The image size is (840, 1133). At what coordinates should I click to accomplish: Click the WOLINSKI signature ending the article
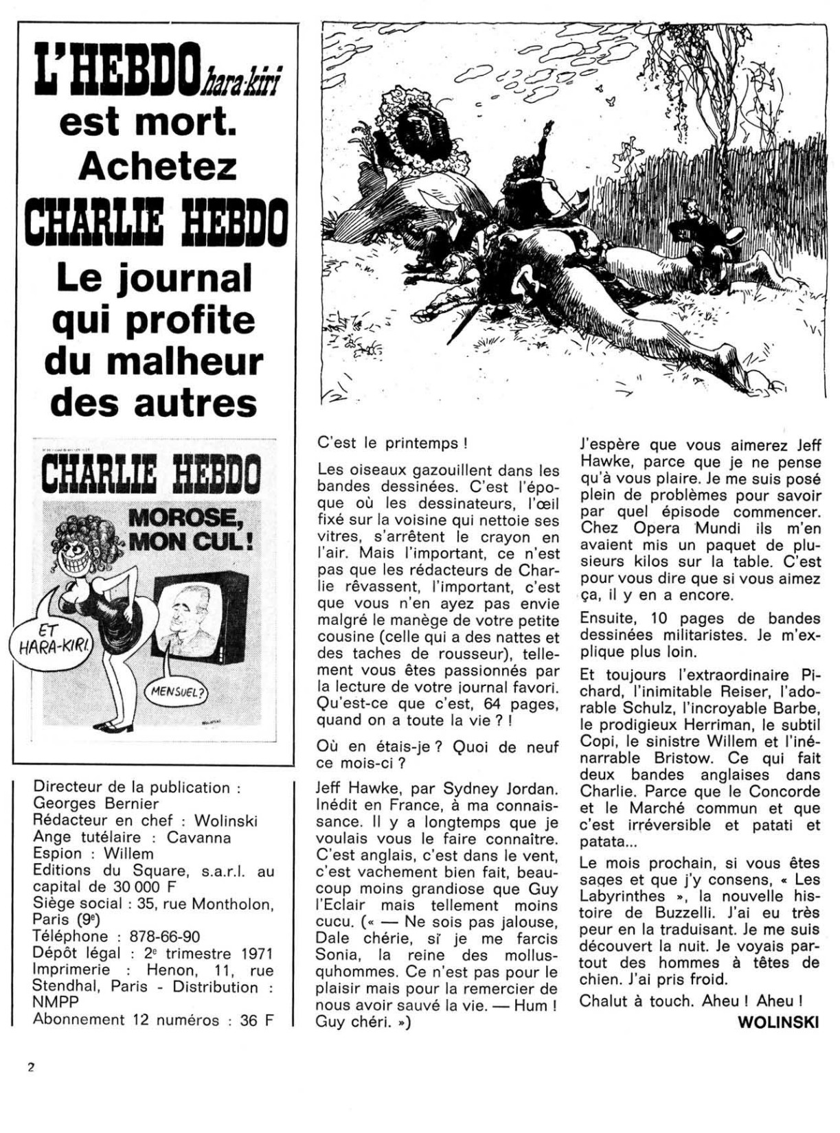coord(779,1022)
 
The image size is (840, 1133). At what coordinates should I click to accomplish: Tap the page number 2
coord(31,1067)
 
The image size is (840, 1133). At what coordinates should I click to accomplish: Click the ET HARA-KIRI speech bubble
coord(48,639)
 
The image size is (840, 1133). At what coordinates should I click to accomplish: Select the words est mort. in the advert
coord(148,122)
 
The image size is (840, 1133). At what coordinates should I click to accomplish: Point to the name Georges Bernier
coord(96,803)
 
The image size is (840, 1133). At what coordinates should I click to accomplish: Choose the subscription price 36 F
coord(257,1020)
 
